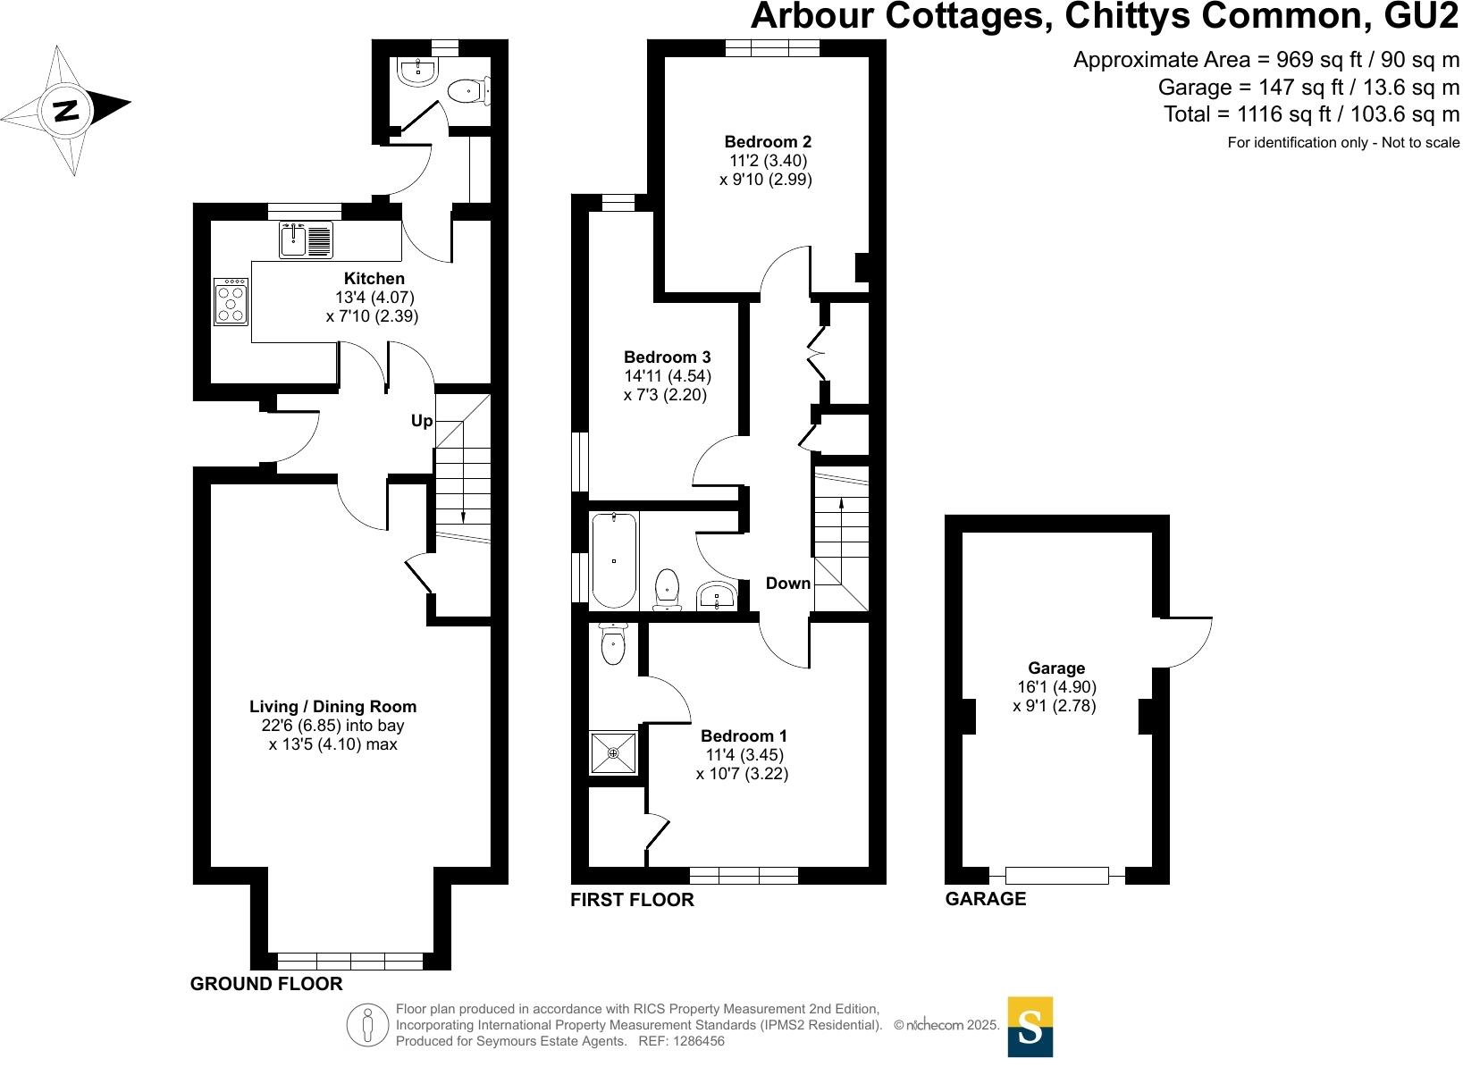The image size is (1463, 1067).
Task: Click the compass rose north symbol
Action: [x=65, y=110]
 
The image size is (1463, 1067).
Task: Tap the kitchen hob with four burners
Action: [x=231, y=302]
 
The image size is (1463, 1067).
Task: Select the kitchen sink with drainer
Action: [x=306, y=239]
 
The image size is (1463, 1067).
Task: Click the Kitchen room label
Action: [x=374, y=279]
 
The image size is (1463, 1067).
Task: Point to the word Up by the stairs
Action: [x=421, y=421]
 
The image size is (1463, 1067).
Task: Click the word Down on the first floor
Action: [x=787, y=584]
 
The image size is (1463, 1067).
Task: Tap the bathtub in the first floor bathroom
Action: [x=614, y=560]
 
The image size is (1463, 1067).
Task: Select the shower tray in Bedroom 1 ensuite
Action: [x=613, y=753]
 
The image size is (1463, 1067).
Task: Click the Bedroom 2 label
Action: [x=767, y=141]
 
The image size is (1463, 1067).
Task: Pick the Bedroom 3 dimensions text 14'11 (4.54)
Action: [x=667, y=376]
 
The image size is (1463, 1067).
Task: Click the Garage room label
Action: [x=1055, y=668]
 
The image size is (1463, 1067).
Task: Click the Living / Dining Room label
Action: [x=332, y=707]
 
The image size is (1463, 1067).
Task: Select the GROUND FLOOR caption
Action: [x=266, y=984]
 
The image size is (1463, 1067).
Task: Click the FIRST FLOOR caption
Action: [x=632, y=900]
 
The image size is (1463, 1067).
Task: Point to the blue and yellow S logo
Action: [x=1030, y=1027]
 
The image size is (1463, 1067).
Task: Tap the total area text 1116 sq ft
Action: [x=1311, y=114]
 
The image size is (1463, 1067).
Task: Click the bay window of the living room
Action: [x=349, y=962]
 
